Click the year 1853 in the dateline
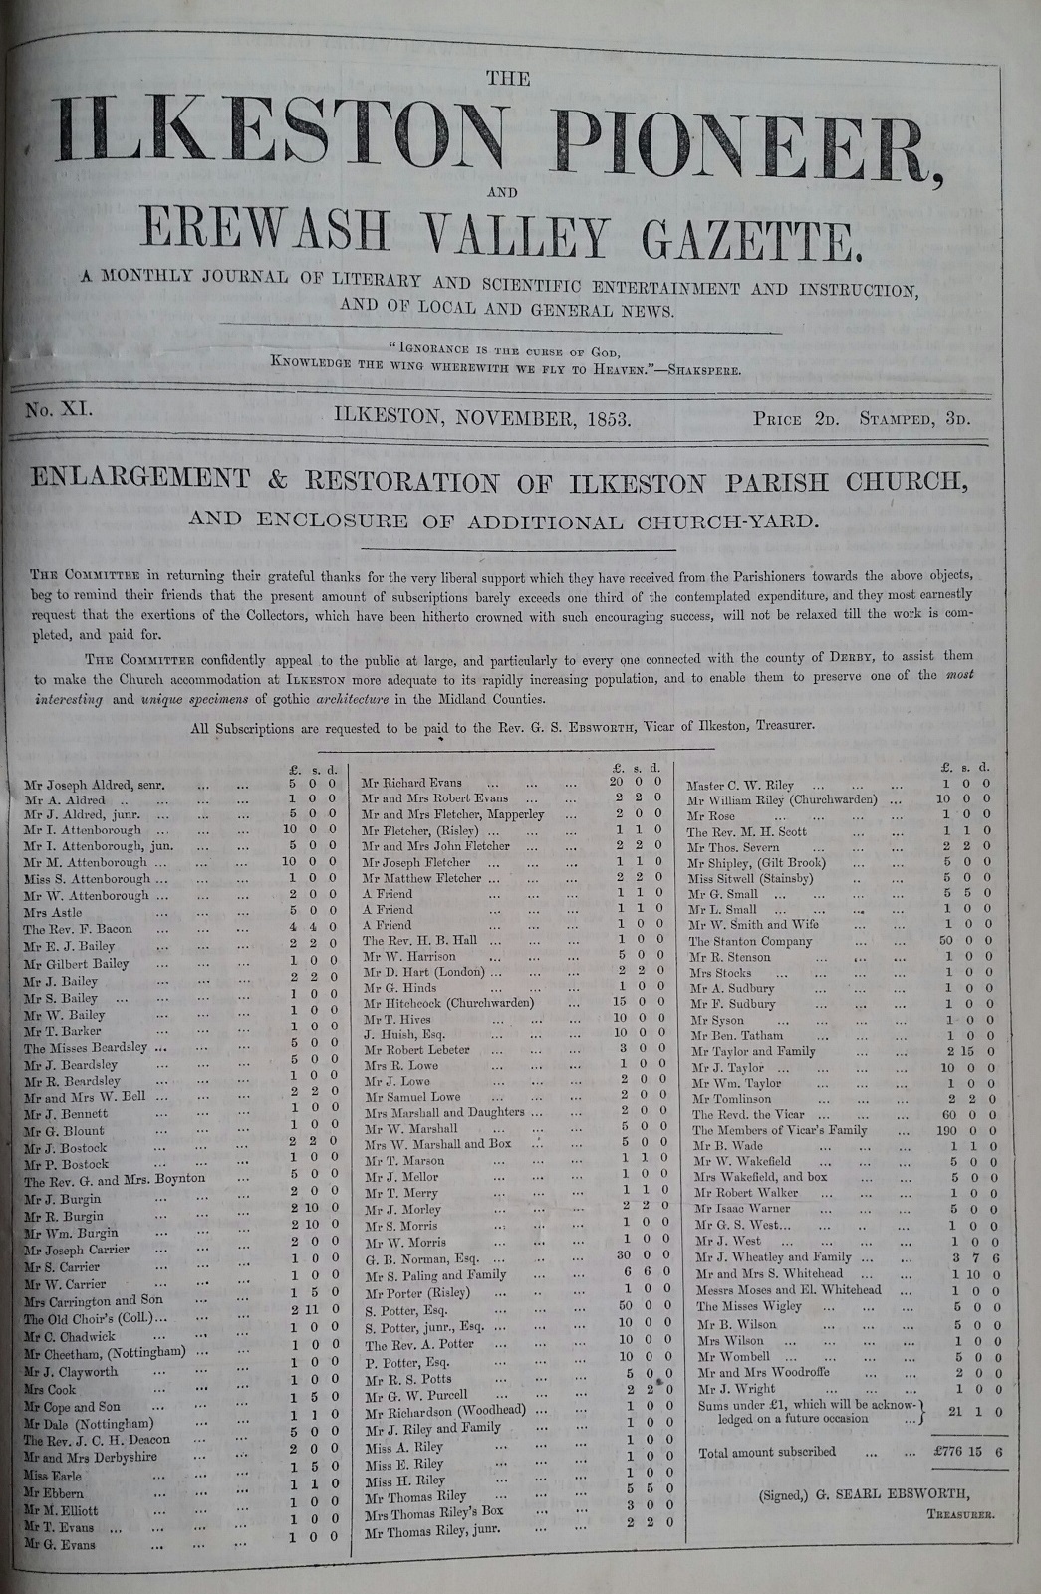click(x=603, y=418)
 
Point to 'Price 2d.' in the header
click(x=797, y=419)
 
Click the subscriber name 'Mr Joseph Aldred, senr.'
click(x=95, y=785)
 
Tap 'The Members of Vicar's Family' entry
click(x=780, y=1130)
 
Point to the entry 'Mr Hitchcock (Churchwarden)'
click(x=448, y=1002)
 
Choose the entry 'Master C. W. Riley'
click(x=740, y=786)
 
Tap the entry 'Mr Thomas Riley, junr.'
click(x=431, y=1530)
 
